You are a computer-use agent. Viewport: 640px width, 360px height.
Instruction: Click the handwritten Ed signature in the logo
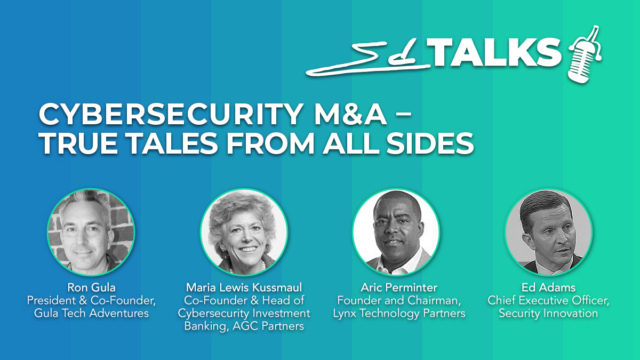(x=369, y=59)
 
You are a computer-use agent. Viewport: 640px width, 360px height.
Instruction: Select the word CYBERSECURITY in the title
(x=170, y=114)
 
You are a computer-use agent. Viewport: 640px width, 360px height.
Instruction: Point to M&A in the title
(x=350, y=114)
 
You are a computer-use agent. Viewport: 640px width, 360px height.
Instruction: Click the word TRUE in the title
(x=78, y=143)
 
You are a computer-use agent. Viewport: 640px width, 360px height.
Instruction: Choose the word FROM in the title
(x=270, y=143)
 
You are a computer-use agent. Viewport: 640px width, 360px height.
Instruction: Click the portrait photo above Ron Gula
(x=91, y=232)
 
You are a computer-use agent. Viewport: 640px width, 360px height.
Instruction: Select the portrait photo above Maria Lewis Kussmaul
(x=244, y=232)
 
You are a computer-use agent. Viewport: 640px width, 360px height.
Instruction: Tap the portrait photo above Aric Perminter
(x=396, y=232)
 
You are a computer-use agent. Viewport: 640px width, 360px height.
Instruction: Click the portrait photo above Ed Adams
(x=549, y=232)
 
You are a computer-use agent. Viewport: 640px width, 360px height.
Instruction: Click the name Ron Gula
(x=91, y=287)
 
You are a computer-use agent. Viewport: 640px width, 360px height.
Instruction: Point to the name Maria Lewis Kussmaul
(x=244, y=287)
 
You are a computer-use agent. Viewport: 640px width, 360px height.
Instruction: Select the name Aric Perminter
(x=399, y=287)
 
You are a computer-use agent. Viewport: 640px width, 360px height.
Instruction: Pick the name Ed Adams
(x=549, y=287)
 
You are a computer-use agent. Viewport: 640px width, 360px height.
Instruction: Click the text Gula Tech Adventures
(x=91, y=313)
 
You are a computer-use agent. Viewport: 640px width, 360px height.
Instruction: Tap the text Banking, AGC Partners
(x=244, y=326)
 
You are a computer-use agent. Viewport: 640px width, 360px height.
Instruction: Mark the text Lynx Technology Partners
(x=399, y=314)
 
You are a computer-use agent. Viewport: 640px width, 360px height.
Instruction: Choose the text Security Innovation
(x=549, y=314)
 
